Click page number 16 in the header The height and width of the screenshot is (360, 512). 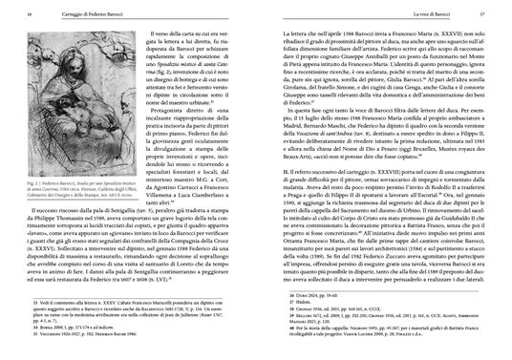pos(20,14)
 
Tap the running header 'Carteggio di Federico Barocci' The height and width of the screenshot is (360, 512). pos(77,14)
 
